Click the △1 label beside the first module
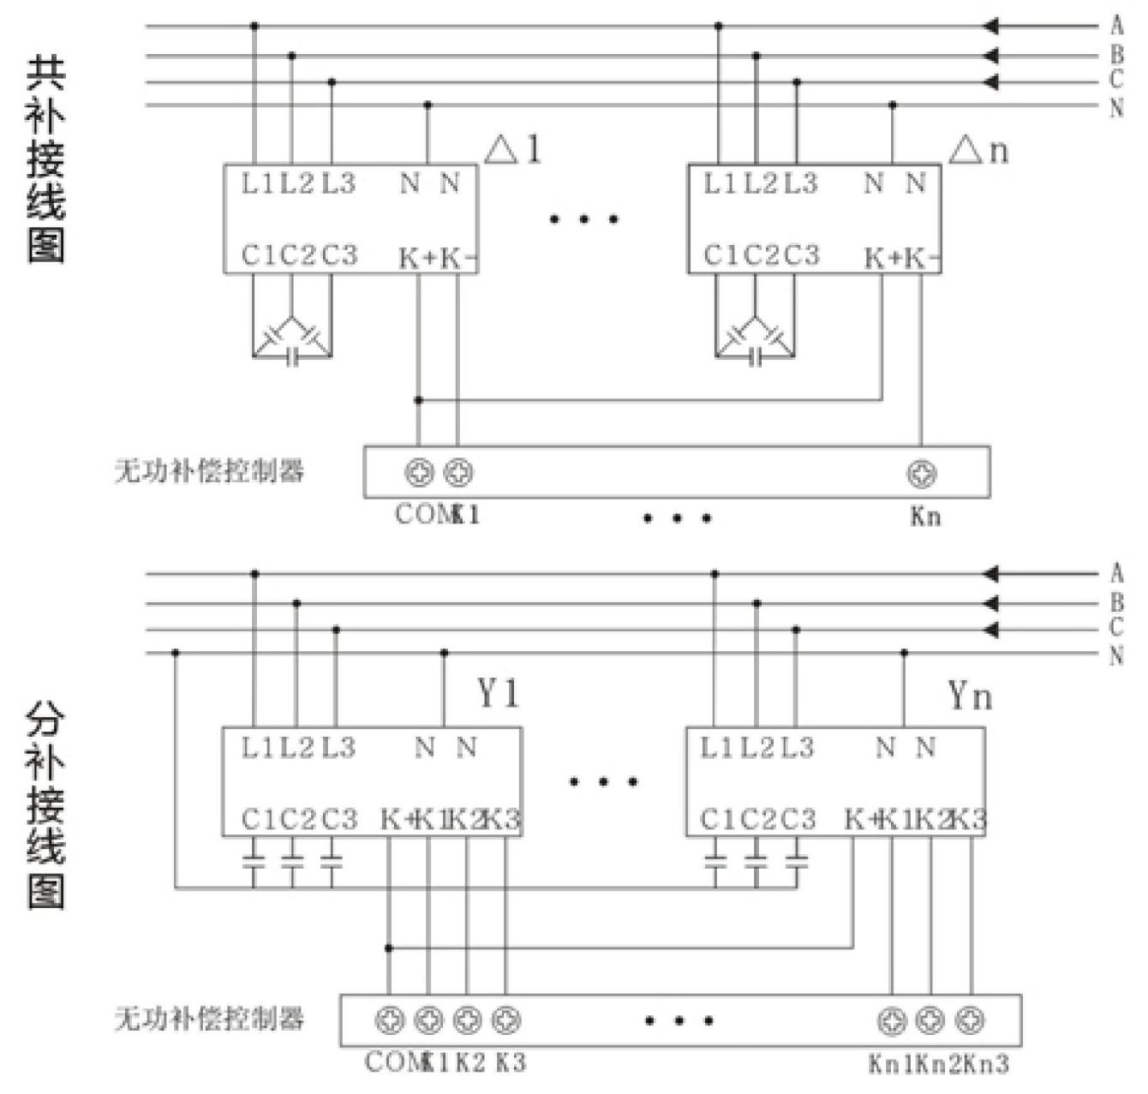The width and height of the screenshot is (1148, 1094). point(513,151)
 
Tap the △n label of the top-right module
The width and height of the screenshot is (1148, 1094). point(978,151)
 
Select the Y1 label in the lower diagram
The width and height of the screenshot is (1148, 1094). point(498,693)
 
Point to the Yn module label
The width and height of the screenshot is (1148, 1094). point(970,696)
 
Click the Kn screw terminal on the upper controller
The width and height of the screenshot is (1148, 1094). point(922,473)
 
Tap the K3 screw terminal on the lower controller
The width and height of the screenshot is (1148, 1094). point(506,1019)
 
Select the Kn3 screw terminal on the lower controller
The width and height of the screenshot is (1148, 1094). point(970,1019)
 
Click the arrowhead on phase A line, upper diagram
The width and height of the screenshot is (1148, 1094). point(991,27)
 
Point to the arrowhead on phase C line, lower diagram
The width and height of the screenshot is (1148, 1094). point(991,631)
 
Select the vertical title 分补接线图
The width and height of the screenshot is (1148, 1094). point(45,805)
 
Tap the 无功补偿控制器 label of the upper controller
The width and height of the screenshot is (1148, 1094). point(210,470)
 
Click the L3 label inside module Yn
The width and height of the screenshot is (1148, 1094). point(797,748)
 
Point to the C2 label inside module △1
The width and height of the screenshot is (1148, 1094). point(298,255)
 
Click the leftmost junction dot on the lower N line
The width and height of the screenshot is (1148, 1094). point(176,653)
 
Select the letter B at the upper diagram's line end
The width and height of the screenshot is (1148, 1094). point(1116,56)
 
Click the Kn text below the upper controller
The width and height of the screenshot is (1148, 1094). point(925,517)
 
